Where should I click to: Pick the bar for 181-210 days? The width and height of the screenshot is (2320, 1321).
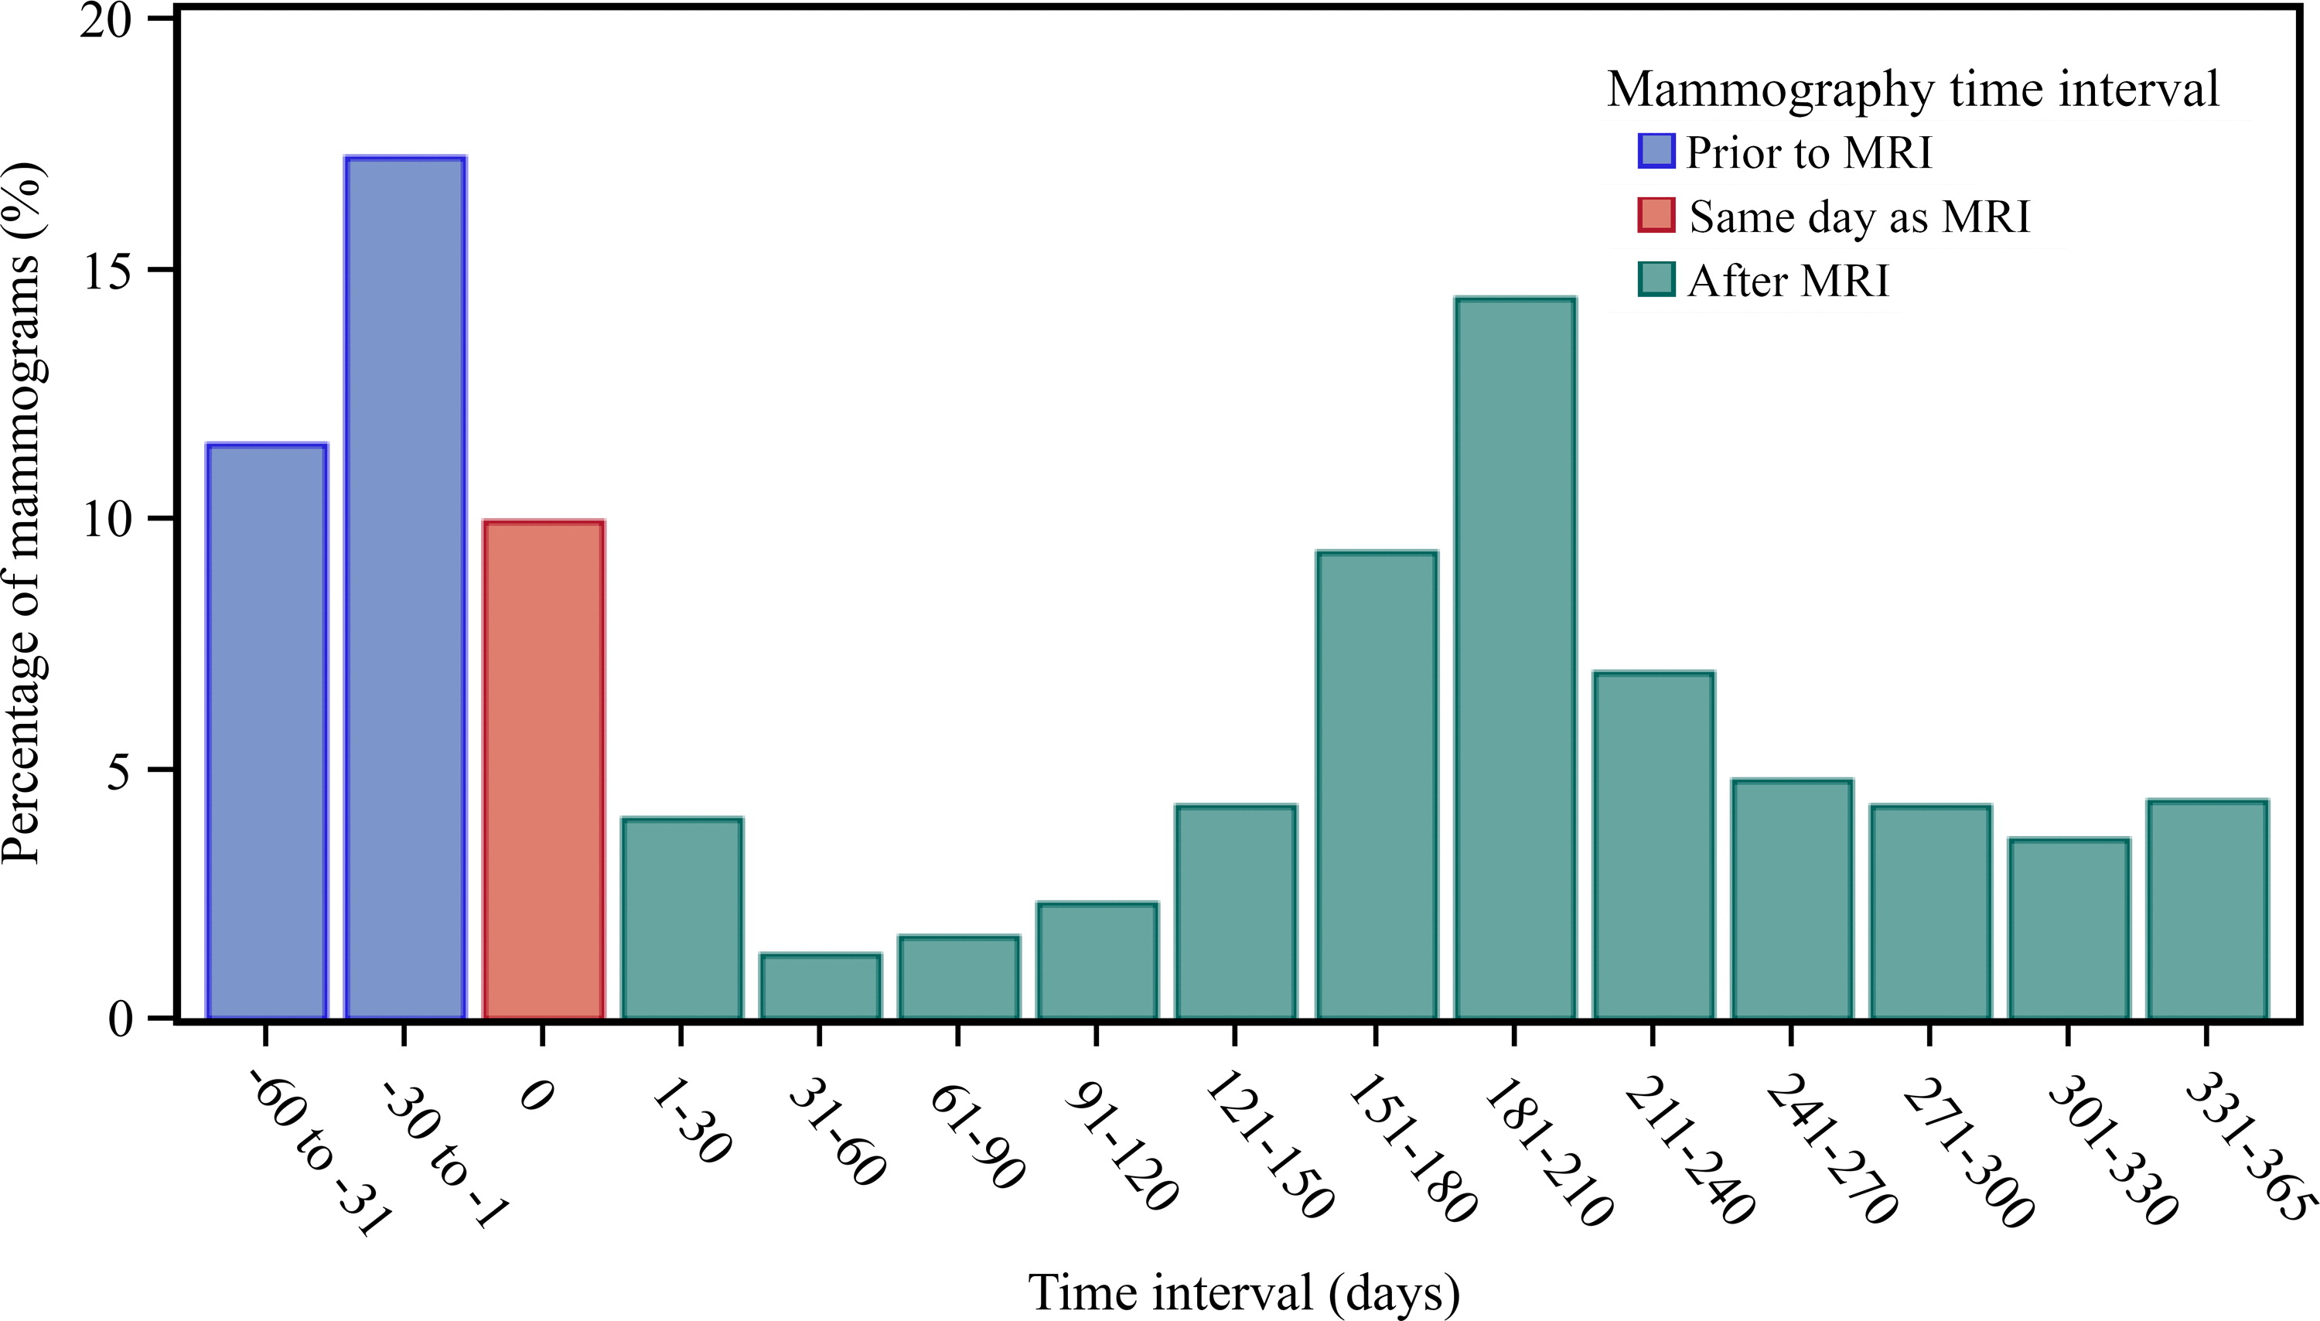1515,657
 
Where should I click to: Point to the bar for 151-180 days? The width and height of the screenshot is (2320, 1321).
1376,785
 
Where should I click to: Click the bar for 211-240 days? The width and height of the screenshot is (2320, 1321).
1653,845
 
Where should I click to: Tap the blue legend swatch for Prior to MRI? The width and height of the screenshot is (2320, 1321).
1655,152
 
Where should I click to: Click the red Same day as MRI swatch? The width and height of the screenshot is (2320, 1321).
1655,216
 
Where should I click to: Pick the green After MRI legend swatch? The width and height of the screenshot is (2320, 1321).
1655,280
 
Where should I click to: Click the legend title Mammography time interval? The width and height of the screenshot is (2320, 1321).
1912,90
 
